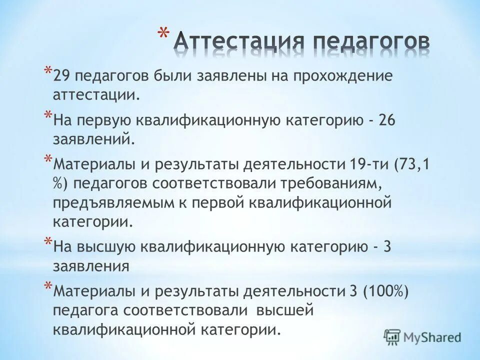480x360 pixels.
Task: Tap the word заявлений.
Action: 93,138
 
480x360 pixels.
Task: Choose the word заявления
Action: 91,266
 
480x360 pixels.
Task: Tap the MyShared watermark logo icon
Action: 392,337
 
